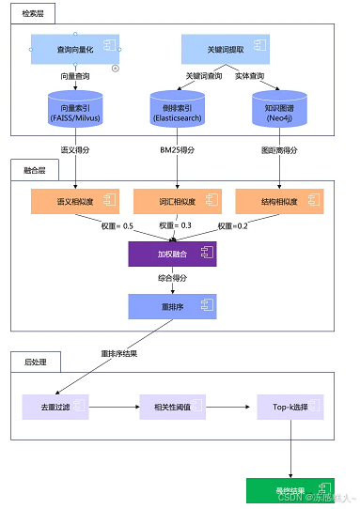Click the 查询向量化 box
click(76, 49)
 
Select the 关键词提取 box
click(226, 49)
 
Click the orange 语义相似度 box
click(76, 201)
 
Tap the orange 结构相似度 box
click(279, 201)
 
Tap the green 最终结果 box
click(290, 488)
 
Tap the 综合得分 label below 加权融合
click(172, 278)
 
